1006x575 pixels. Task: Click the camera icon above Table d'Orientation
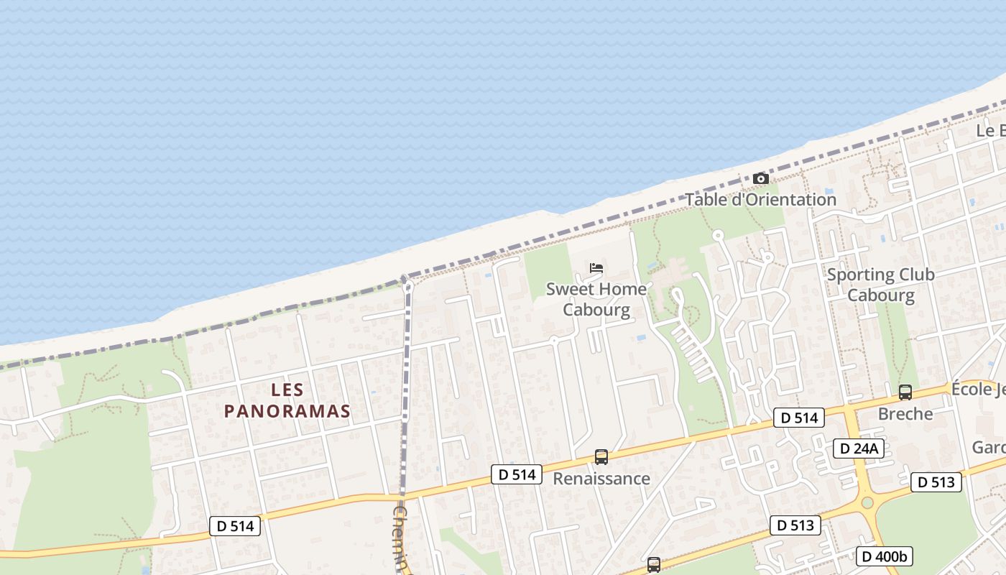point(760,178)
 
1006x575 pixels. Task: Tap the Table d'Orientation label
point(760,199)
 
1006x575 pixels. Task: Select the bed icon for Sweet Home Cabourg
point(596,268)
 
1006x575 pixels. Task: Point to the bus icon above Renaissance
point(601,457)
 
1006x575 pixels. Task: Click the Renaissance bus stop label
point(601,478)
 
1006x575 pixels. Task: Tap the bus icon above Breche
point(905,392)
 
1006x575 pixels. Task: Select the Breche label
point(905,414)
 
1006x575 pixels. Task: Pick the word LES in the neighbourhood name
point(287,390)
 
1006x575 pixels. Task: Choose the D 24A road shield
point(858,448)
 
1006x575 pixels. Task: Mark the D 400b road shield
point(884,556)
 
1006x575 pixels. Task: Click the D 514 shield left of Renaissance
point(517,474)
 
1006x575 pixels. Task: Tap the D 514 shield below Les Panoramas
point(235,526)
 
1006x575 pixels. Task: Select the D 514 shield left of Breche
point(798,418)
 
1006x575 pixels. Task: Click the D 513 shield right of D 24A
point(936,482)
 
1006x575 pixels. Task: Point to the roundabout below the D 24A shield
point(867,502)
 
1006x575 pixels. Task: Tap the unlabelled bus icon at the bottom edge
point(653,565)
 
